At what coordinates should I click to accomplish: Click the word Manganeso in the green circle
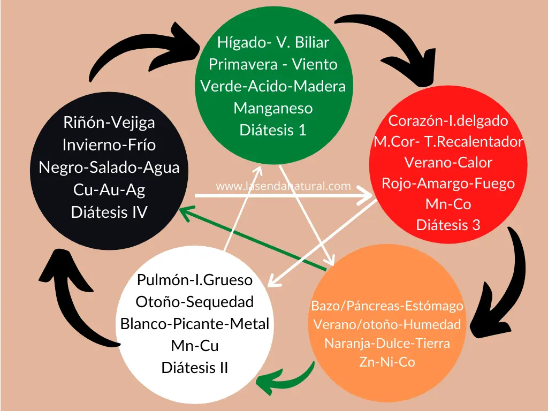tap(273, 108)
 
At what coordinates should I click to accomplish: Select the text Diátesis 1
tap(273, 130)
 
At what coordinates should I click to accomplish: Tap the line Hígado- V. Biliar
tap(273, 42)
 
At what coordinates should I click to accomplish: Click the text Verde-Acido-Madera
tap(273, 86)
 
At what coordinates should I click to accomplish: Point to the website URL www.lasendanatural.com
tap(283, 186)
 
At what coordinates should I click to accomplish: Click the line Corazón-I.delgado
tap(448, 120)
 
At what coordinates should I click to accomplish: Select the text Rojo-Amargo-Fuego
tap(448, 183)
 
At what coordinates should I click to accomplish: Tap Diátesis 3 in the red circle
tap(448, 225)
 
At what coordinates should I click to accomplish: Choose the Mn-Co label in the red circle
tap(448, 204)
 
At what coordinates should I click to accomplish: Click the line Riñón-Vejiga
tap(109, 123)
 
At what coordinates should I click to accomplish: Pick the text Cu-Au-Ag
tap(109, 189)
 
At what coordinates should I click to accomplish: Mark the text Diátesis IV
tap(109, 212)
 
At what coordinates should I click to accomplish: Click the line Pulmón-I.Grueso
tap(195, 279)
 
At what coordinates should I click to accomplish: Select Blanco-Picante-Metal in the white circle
tap(195, 324)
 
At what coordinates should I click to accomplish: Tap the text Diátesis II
tap(195, 368)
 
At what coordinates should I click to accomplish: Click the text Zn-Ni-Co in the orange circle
tap(387, 362)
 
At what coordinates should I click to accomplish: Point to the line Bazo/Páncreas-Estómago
tap(387, 306)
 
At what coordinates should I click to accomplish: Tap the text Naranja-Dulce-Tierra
tap(387, 343)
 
